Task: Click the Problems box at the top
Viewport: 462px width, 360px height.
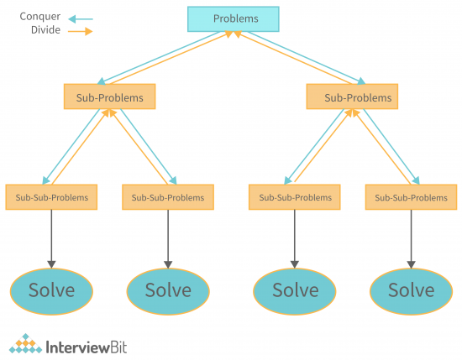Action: point(235,18)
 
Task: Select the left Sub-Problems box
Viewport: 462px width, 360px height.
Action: point(109,97)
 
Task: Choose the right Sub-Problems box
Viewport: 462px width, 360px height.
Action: point(352,97)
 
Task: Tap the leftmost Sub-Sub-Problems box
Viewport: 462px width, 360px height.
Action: point(51,197)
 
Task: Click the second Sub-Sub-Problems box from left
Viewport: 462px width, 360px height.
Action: point(168,197)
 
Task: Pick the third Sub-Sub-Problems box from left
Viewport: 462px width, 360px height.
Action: point(294,197)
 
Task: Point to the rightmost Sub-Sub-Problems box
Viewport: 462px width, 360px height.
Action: point(411,197)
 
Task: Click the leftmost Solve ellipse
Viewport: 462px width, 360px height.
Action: point(52,290)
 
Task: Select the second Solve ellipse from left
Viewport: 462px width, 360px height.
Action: point(168,290)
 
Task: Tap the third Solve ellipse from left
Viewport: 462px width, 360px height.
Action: point(295,290)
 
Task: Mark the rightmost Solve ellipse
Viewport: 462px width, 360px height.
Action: point(411,290)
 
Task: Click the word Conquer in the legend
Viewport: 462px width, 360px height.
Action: point(39,16)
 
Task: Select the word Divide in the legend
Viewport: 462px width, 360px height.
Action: point(45,30)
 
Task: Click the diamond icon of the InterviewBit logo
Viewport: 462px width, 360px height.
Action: point(26,343)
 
